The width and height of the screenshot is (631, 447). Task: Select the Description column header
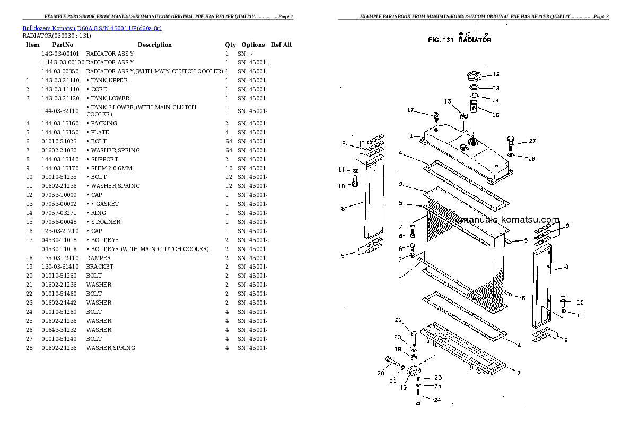tap(154, 45)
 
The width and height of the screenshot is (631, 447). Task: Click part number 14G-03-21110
tap(60, 80)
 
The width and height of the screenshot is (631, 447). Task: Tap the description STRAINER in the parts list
tap(106, 222)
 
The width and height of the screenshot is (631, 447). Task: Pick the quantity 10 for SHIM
tap(227, 168)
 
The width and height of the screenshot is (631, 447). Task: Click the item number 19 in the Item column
tap(30, 267)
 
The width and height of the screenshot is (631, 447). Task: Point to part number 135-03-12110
tap(60, 257)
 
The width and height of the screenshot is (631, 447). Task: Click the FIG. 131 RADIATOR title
tap(459, 40)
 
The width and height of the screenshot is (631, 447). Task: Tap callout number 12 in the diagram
tap(496, 74)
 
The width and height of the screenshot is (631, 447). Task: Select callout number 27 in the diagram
tap(532, 141)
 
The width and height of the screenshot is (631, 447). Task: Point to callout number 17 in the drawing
tap(410, 110)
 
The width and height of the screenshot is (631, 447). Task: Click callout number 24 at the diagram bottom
tap(437, 400)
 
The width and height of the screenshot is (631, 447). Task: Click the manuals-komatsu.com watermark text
tap(510, 220)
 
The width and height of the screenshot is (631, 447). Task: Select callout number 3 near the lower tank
tap(518, 372)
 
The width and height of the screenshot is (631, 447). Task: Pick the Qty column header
tap(230, 45)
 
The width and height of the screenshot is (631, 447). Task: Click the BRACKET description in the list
tap(100, 267)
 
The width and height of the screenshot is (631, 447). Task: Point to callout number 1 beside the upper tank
tap(411, 136)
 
